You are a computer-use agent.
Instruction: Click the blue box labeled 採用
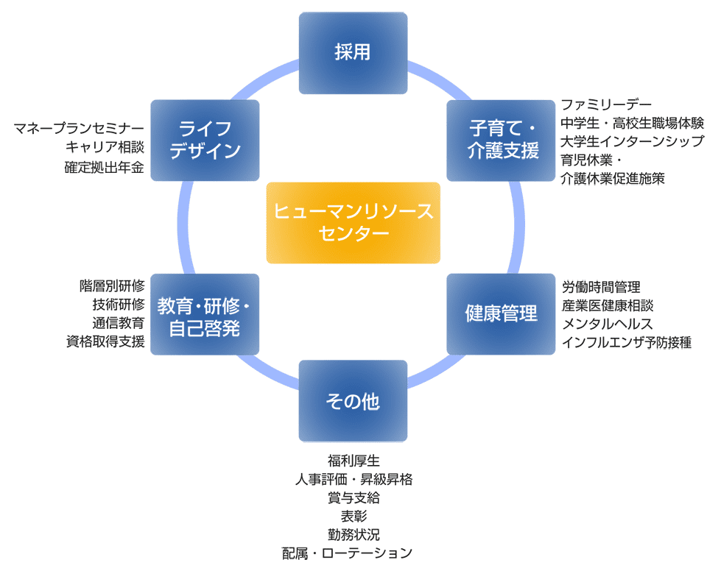(353, 53)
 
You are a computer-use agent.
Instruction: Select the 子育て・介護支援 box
(502, 141)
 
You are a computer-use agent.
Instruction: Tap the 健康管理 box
(502, 314)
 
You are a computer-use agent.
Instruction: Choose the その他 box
(353, 401)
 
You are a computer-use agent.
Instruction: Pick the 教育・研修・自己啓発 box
(205, 314)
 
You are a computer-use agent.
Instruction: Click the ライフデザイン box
(205, 141)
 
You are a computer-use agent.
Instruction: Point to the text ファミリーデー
(606, 104)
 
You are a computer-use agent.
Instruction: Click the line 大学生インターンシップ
(632, 141)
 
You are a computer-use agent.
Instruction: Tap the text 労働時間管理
(601, 287)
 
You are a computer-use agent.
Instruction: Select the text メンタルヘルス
(607, 324)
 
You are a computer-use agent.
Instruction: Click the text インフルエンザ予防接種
(626, 342)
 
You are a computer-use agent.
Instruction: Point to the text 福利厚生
(353, 461)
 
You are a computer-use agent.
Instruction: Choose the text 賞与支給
(353, 498)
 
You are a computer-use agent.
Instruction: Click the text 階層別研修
(112, 285)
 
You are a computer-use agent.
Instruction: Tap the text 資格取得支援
(105, 341)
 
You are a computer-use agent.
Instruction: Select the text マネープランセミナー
(79, 129)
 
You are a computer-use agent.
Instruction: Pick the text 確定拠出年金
(105, 166)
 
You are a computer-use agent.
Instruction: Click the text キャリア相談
(105, 148)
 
